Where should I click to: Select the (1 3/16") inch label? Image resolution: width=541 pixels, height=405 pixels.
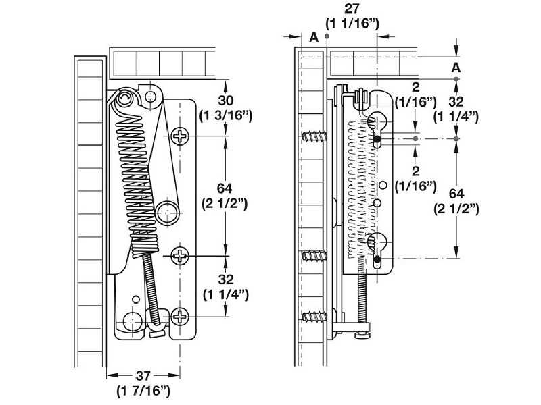pyautogui.click(x=226, y=116)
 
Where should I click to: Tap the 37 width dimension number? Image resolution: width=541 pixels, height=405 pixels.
pyautogui.click(x=143, y=377)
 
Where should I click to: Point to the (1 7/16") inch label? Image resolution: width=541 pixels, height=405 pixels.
pyautogui.click(x=143, y=391)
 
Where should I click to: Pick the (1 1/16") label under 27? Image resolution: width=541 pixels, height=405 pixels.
pyautogui.click(x=352, y=24)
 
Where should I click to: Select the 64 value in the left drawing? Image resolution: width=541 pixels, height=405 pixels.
pyautogui.click(x=225, y=188)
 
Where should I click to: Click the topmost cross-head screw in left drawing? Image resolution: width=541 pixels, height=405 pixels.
pyautogui.click(x=181, y=137)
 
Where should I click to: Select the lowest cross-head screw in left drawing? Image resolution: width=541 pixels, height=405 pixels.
pyautogui.click(x=181, y=315)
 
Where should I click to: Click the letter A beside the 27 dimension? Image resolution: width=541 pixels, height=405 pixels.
pyautogui.click(x=314, y=37)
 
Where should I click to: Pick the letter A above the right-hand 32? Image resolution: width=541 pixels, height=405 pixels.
pyautogui.click(x=456, y=67)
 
